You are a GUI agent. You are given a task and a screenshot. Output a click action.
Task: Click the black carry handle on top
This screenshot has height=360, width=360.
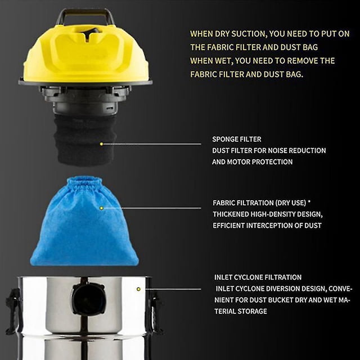click(85, 12)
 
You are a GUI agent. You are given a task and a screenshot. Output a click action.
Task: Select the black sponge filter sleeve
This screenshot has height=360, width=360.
click(85, 139)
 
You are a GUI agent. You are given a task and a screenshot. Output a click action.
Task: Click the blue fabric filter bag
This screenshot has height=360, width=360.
click(84, 221)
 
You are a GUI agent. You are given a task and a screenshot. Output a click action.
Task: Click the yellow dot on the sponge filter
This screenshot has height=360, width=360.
click(101, 144)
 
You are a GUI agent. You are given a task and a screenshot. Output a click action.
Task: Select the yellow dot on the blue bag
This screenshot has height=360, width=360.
click(101, 208)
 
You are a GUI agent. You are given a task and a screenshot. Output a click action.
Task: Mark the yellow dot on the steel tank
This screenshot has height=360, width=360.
click(138, 289)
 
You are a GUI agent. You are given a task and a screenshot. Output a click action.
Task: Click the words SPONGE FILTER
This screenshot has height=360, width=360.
click(237, 139)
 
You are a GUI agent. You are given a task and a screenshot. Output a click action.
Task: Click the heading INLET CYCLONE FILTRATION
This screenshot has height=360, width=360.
click(258, 277)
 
